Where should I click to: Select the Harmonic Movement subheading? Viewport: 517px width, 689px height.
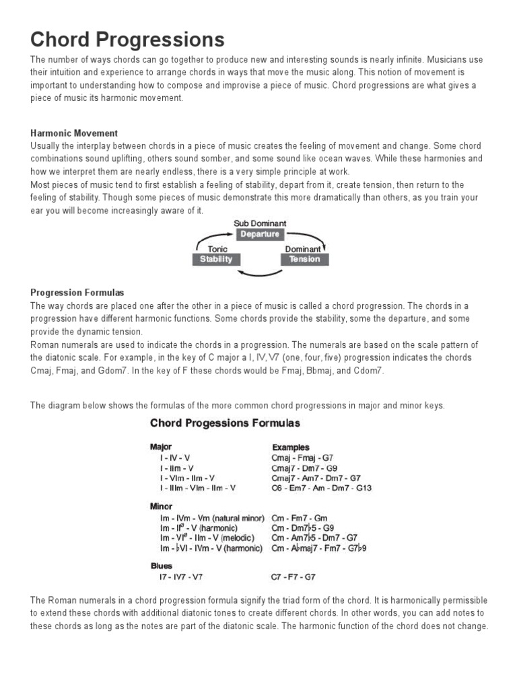74,133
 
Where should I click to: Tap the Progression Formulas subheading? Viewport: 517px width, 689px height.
77,293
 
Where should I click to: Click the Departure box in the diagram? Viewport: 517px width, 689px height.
260,234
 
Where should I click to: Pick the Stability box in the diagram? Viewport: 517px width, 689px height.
217,259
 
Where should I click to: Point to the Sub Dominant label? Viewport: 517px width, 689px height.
260,223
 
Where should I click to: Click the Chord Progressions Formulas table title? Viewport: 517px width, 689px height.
225,423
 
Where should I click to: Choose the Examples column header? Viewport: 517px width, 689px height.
291,447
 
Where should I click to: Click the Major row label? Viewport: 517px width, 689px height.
161,447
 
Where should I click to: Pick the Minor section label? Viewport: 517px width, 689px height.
161,506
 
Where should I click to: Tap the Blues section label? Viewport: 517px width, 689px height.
161,566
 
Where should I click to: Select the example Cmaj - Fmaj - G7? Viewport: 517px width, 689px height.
302,458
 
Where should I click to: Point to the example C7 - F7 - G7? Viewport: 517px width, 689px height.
293,577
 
